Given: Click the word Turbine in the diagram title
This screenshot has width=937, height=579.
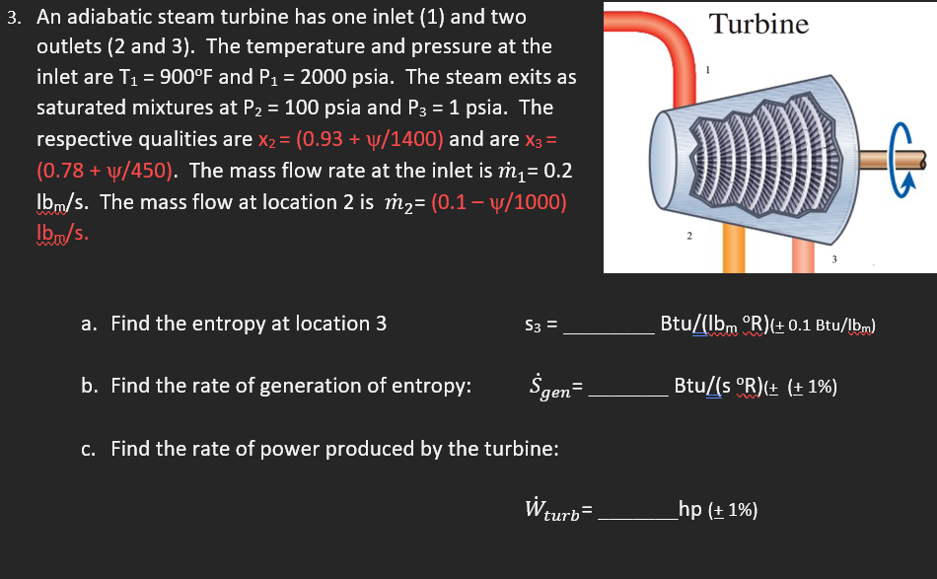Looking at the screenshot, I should [x=759, y=24].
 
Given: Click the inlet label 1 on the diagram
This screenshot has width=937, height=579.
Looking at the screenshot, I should [x=706, y=69].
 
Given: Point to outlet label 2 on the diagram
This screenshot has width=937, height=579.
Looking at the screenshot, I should [x=689, y=236].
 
